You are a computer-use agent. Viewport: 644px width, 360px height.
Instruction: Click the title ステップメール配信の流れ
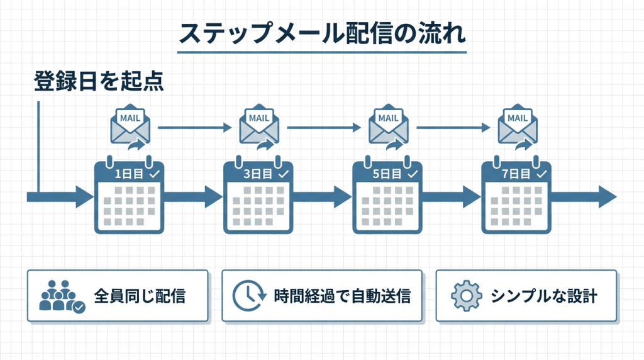[321, 33]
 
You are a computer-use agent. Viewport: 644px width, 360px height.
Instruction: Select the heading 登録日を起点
[98, 82]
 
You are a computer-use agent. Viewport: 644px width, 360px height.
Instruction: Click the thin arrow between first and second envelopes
[194, 128]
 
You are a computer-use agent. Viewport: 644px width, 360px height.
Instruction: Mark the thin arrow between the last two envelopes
[453, 128]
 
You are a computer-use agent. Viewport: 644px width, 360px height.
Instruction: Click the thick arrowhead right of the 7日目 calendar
[606, 196]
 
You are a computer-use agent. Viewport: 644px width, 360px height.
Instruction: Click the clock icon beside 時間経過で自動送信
[247, 296]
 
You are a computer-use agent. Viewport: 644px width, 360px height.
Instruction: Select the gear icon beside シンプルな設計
[467, 296]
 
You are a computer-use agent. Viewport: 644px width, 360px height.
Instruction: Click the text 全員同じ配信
[140, 296]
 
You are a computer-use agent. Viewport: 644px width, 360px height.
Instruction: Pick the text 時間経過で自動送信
[342, 296]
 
